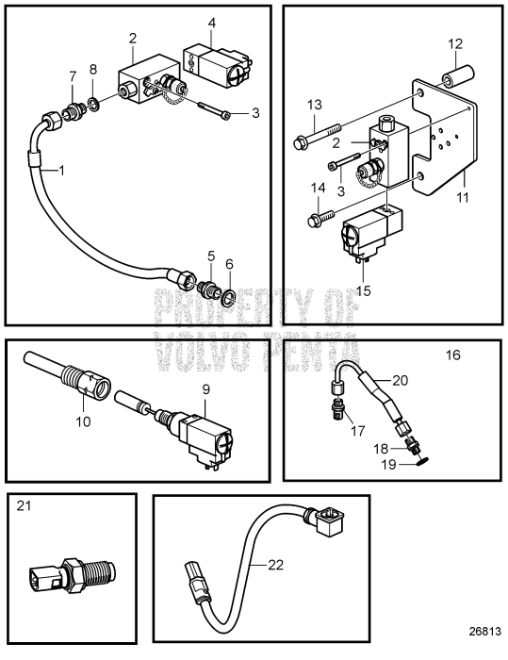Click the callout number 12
455,44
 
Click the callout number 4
212,24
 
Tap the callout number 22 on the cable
276,565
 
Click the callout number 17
358,431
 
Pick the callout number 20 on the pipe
401,381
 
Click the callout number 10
83,421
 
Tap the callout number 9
205,389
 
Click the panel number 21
24,505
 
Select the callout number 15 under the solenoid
364,290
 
